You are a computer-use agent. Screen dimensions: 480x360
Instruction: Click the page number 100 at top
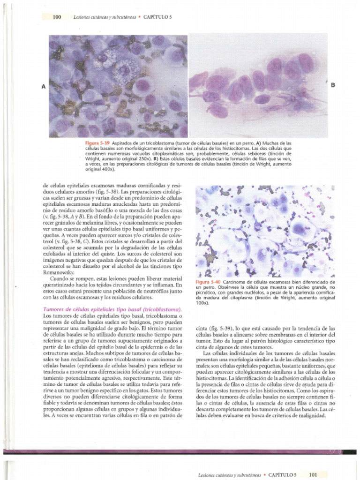pos(57,17)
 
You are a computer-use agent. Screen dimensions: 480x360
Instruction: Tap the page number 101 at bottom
pos(313,474)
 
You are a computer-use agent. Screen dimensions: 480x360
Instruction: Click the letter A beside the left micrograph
pos(44,86)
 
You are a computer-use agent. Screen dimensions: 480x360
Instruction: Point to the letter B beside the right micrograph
pos(333,85)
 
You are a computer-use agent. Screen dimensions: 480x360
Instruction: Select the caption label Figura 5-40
pos(208,282)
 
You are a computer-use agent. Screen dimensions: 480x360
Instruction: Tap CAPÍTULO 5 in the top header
pos(157,17)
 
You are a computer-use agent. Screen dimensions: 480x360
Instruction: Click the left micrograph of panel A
pos(118,86)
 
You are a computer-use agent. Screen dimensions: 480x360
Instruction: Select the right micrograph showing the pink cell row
pos(258,86)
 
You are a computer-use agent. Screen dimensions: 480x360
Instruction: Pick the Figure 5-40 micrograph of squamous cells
pos(265,231)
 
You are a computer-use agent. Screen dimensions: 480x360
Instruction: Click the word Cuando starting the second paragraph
pos(59,278)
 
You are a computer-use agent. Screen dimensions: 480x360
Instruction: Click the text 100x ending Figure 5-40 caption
pos(202,303)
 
